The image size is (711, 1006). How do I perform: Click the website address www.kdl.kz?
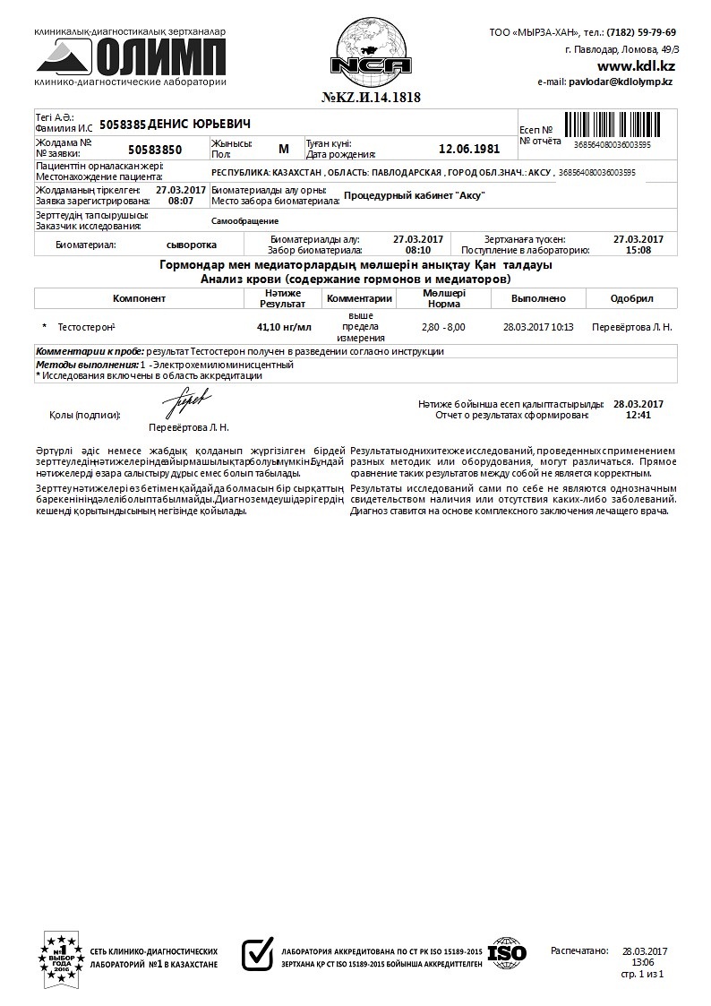pyautogui.click(x=636, y=65)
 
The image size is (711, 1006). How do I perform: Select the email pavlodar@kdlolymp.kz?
pyautogui.click(x=620, y=82)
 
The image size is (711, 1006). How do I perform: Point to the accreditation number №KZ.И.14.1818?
pyautogui.click(x=371, y=97)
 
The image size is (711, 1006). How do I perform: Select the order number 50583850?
pyautogui.click(x=155, y=150)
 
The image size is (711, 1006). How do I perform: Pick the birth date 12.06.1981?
pyautogui.click(x=469, y=150)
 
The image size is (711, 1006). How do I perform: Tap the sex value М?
pyautogui.click(x=284, y=149)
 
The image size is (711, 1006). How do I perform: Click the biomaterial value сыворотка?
pyautogui.click(x=192, y=244)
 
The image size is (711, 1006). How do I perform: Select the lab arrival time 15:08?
pyautogui.click(x=638, y=250)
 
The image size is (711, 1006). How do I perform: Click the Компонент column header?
pyautogui.click(x=139, y=298)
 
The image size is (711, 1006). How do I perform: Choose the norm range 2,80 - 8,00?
pyautogui.click(x=443, y=327)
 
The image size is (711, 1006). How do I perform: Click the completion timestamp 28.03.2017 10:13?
pyautogui.click(x=538, y=327)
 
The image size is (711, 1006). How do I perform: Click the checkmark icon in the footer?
pyautogui.click(x=258, y=954)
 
